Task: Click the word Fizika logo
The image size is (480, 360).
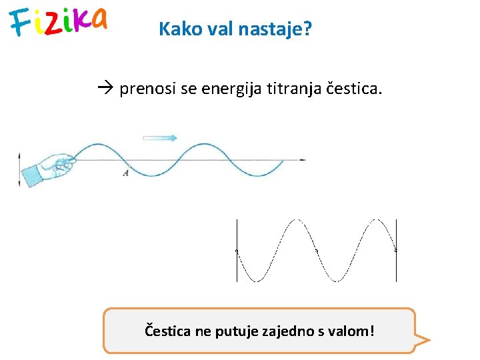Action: (58, 22)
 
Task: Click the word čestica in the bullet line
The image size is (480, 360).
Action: (354, 89)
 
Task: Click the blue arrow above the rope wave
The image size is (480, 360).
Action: (160, 138)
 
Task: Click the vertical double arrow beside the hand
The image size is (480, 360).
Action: (19, 170)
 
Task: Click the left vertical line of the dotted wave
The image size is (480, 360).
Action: (237, 250)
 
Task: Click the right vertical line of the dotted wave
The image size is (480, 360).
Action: (396, 250)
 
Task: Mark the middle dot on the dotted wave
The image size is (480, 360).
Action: (316, 251)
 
